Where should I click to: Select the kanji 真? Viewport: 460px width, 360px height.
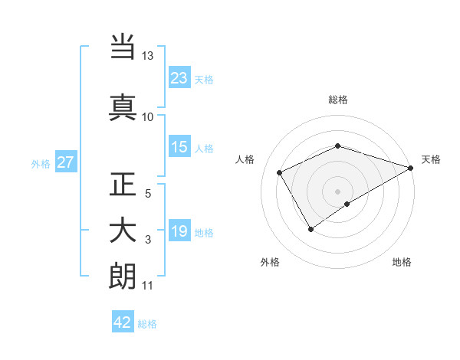point(123,106)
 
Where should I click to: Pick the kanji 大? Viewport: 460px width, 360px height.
point(123,231)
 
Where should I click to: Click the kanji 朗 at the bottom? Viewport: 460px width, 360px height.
point(123,277)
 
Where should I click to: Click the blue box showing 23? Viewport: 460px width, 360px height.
point(179,77)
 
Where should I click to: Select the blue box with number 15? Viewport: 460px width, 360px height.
point(179,147)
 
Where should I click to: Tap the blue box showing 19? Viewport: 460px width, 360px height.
point(179,231)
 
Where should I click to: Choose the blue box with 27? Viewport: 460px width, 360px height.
point(65,162)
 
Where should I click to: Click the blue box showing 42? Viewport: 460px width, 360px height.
point(123,322)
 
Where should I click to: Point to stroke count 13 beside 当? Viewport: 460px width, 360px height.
point(147,57)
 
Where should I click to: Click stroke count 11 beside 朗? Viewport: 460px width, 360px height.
point(147,286)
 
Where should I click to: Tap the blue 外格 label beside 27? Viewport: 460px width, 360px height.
point(41,163)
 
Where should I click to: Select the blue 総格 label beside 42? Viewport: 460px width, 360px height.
point(147,324)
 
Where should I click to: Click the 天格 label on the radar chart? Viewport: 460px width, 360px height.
point(432,159)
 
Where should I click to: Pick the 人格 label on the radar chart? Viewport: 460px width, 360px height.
point(245,159)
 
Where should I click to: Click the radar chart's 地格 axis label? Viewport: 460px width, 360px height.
point(402,263)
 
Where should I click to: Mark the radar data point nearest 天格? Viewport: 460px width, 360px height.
point(412,167)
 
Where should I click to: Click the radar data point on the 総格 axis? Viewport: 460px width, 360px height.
point(338,146)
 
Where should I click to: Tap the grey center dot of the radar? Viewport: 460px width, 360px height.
point(338,191)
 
